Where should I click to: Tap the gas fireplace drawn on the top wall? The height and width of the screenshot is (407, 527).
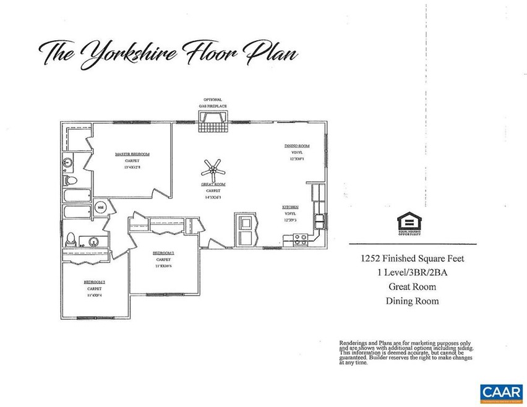212,126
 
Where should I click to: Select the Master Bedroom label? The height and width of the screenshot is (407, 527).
132,154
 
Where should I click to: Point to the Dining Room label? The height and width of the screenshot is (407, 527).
296,146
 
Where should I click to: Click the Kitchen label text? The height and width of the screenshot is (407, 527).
291,207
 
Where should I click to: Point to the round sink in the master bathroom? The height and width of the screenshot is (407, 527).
68,163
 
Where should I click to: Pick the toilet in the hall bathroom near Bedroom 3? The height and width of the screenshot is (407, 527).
72,239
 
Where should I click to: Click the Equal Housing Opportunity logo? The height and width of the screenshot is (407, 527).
409,224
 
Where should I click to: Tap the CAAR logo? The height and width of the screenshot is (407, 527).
500,392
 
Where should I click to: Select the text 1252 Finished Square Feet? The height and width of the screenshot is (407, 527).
413,260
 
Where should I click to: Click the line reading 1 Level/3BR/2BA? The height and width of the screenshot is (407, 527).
413,273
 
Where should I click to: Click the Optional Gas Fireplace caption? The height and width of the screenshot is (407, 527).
212,103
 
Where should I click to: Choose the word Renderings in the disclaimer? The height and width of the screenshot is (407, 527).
354,342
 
